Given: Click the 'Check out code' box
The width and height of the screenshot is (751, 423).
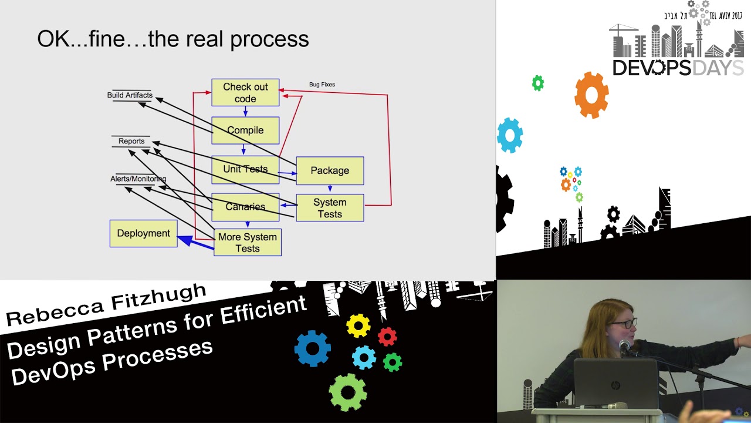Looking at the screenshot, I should tap(245, 93).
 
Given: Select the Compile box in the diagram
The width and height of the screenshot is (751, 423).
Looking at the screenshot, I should tap(245, 130).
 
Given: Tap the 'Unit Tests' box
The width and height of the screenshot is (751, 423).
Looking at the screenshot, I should tap(245, 169).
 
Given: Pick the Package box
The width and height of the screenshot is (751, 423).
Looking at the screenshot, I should tap(330, 170).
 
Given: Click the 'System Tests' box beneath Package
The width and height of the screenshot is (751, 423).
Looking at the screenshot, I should tap(330, 208).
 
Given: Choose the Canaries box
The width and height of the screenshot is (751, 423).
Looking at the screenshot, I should tap(245, 207).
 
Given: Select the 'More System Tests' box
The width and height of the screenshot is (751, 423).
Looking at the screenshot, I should tap(248, 243).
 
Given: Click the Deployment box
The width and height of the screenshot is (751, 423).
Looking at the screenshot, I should tap(143, 233).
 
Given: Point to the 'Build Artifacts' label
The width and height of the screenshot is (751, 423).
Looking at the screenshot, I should tap(130, 95).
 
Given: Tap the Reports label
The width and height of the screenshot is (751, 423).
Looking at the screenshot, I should tap(131, 141).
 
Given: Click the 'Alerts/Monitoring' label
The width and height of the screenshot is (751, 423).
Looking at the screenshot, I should tap(138, 179).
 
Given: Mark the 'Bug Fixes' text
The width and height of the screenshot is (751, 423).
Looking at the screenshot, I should tap(322, 85).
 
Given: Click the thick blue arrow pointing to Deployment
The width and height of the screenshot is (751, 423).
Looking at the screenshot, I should tap(195, 242).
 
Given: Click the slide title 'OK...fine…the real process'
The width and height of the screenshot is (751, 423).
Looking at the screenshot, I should tap(173, 39).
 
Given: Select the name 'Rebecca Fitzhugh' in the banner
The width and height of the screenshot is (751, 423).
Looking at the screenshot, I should tap(106, 304).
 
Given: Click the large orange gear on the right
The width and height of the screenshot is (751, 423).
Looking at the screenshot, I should tap(591, 95).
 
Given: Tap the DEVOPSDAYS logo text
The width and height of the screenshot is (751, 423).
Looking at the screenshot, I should tap(678, 68).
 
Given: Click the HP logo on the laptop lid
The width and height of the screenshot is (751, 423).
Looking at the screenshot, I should tap(615, 385).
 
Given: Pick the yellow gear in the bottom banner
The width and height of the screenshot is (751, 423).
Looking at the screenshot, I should tap(358, 325).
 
